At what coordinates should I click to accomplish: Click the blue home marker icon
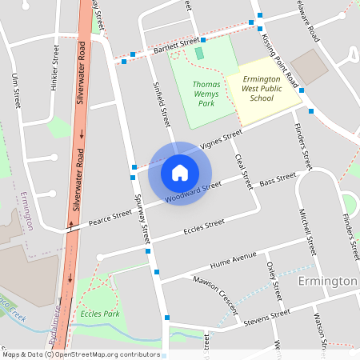(x=180, y=172)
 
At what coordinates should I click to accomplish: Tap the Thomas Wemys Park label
(x=206, y=93)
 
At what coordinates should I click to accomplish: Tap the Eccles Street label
(x=203, y=226)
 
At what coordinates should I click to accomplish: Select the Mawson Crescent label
(x=217, y=289)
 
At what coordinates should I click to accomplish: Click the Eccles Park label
(x=100, y=314)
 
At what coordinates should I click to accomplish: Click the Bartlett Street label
(x=175, y=46)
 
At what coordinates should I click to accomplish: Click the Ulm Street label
(x=17, y=91)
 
